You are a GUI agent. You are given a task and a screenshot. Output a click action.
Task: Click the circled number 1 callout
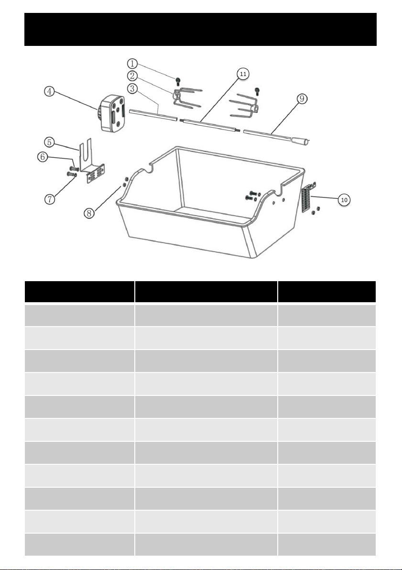click(x=132, y=64)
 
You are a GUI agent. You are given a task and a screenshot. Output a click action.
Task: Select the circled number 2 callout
click(x=132, y=76)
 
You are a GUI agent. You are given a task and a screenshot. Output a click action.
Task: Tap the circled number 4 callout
click(x=50, y=91)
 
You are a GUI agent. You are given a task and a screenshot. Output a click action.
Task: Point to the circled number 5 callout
click(x=50, y=142)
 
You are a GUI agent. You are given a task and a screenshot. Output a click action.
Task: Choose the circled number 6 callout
click(x=43, y=157)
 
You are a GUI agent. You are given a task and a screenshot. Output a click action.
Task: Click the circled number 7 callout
click(x=50, y=199)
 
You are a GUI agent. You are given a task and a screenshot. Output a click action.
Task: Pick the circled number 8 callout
click(x=89, y=213)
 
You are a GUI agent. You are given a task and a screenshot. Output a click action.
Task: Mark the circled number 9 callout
click(x=303, y=99)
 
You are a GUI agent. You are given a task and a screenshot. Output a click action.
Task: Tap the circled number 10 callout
click(x=344, y=199)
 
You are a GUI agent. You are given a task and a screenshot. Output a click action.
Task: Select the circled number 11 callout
click(x=243, y=74)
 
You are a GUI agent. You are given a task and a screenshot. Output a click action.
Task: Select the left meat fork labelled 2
click(x=187, y=98)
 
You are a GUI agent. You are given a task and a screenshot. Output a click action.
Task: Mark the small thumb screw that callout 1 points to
click(x=178, y=81)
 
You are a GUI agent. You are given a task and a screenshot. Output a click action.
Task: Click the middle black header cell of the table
click(x=206, y=292)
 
